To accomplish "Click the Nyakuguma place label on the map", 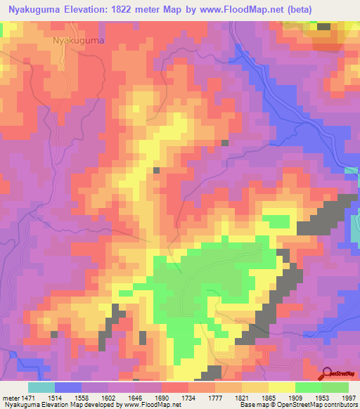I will coord(79,41).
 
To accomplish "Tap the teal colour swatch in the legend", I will coord(41,387).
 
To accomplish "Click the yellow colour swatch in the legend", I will coord(281,387).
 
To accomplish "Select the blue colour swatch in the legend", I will coord(67,387).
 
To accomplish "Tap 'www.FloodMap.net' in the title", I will coord(227,7).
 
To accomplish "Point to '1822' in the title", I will coord(134,7).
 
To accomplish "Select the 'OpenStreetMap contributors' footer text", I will coord(325,405).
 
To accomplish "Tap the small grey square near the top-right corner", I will coord(323,27).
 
